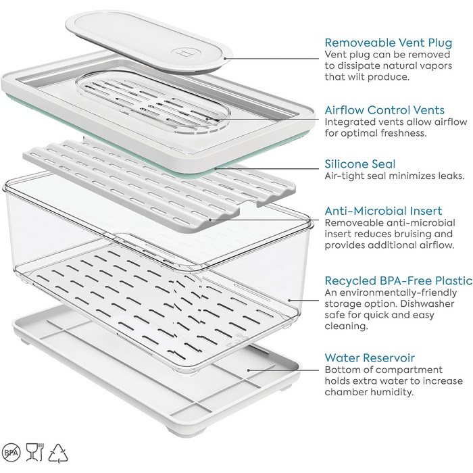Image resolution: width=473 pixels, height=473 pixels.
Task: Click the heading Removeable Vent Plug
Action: tap(389, 43)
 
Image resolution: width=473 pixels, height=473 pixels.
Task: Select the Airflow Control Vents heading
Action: tap(384, 110)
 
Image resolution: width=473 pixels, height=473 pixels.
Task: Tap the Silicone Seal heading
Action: tap(360, 164)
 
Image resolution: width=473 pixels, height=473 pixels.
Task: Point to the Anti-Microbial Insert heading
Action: tap(383, 211)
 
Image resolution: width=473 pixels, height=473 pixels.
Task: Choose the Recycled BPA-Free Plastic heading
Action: tap(399, 281)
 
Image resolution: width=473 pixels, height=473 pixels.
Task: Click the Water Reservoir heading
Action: tap(370, 358)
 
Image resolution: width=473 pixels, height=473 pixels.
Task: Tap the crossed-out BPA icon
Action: tap(11, 453)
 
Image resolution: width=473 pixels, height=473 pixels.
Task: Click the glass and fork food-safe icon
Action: tap(35, 451)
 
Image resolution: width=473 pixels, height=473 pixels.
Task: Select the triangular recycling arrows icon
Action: tap(58, 453)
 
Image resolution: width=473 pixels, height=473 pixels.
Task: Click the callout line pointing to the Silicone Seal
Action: tap(267, 169)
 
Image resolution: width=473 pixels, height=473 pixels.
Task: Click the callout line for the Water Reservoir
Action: tap(283, 370)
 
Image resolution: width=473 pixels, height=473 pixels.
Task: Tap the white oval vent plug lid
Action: tap(149, 41)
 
